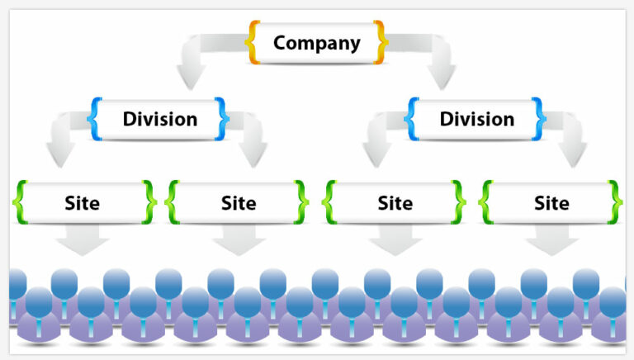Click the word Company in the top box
point(317,43)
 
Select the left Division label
point(160,119)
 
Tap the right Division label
point(476,119)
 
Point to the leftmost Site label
point(82,202)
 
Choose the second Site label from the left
point(239,202)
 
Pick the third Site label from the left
point(395,202)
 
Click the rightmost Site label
point(551,202)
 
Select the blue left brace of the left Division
point(95,118)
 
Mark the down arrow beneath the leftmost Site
point(83,242)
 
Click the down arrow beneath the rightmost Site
point(552,242)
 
